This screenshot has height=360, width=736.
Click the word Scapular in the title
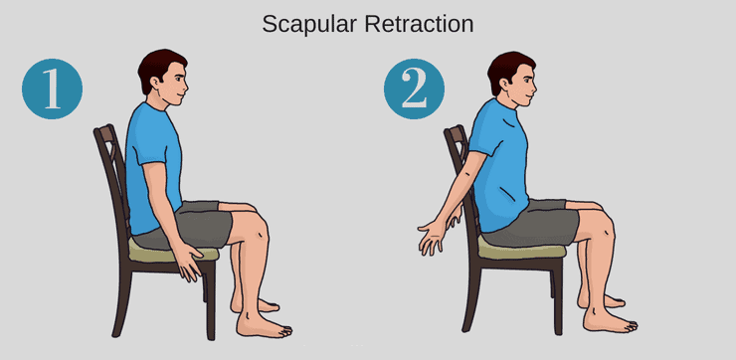pos(310,25)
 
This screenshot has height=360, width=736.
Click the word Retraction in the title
pos(419,24)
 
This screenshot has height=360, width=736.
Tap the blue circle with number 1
pos(52,89)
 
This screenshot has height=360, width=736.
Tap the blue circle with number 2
pos(414,89)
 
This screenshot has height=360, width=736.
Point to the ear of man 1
pos(154,84)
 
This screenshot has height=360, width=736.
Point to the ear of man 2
pos(503,85)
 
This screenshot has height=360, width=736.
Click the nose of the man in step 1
pos(186,87)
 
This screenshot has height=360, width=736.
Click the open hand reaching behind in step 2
pos(433,237)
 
